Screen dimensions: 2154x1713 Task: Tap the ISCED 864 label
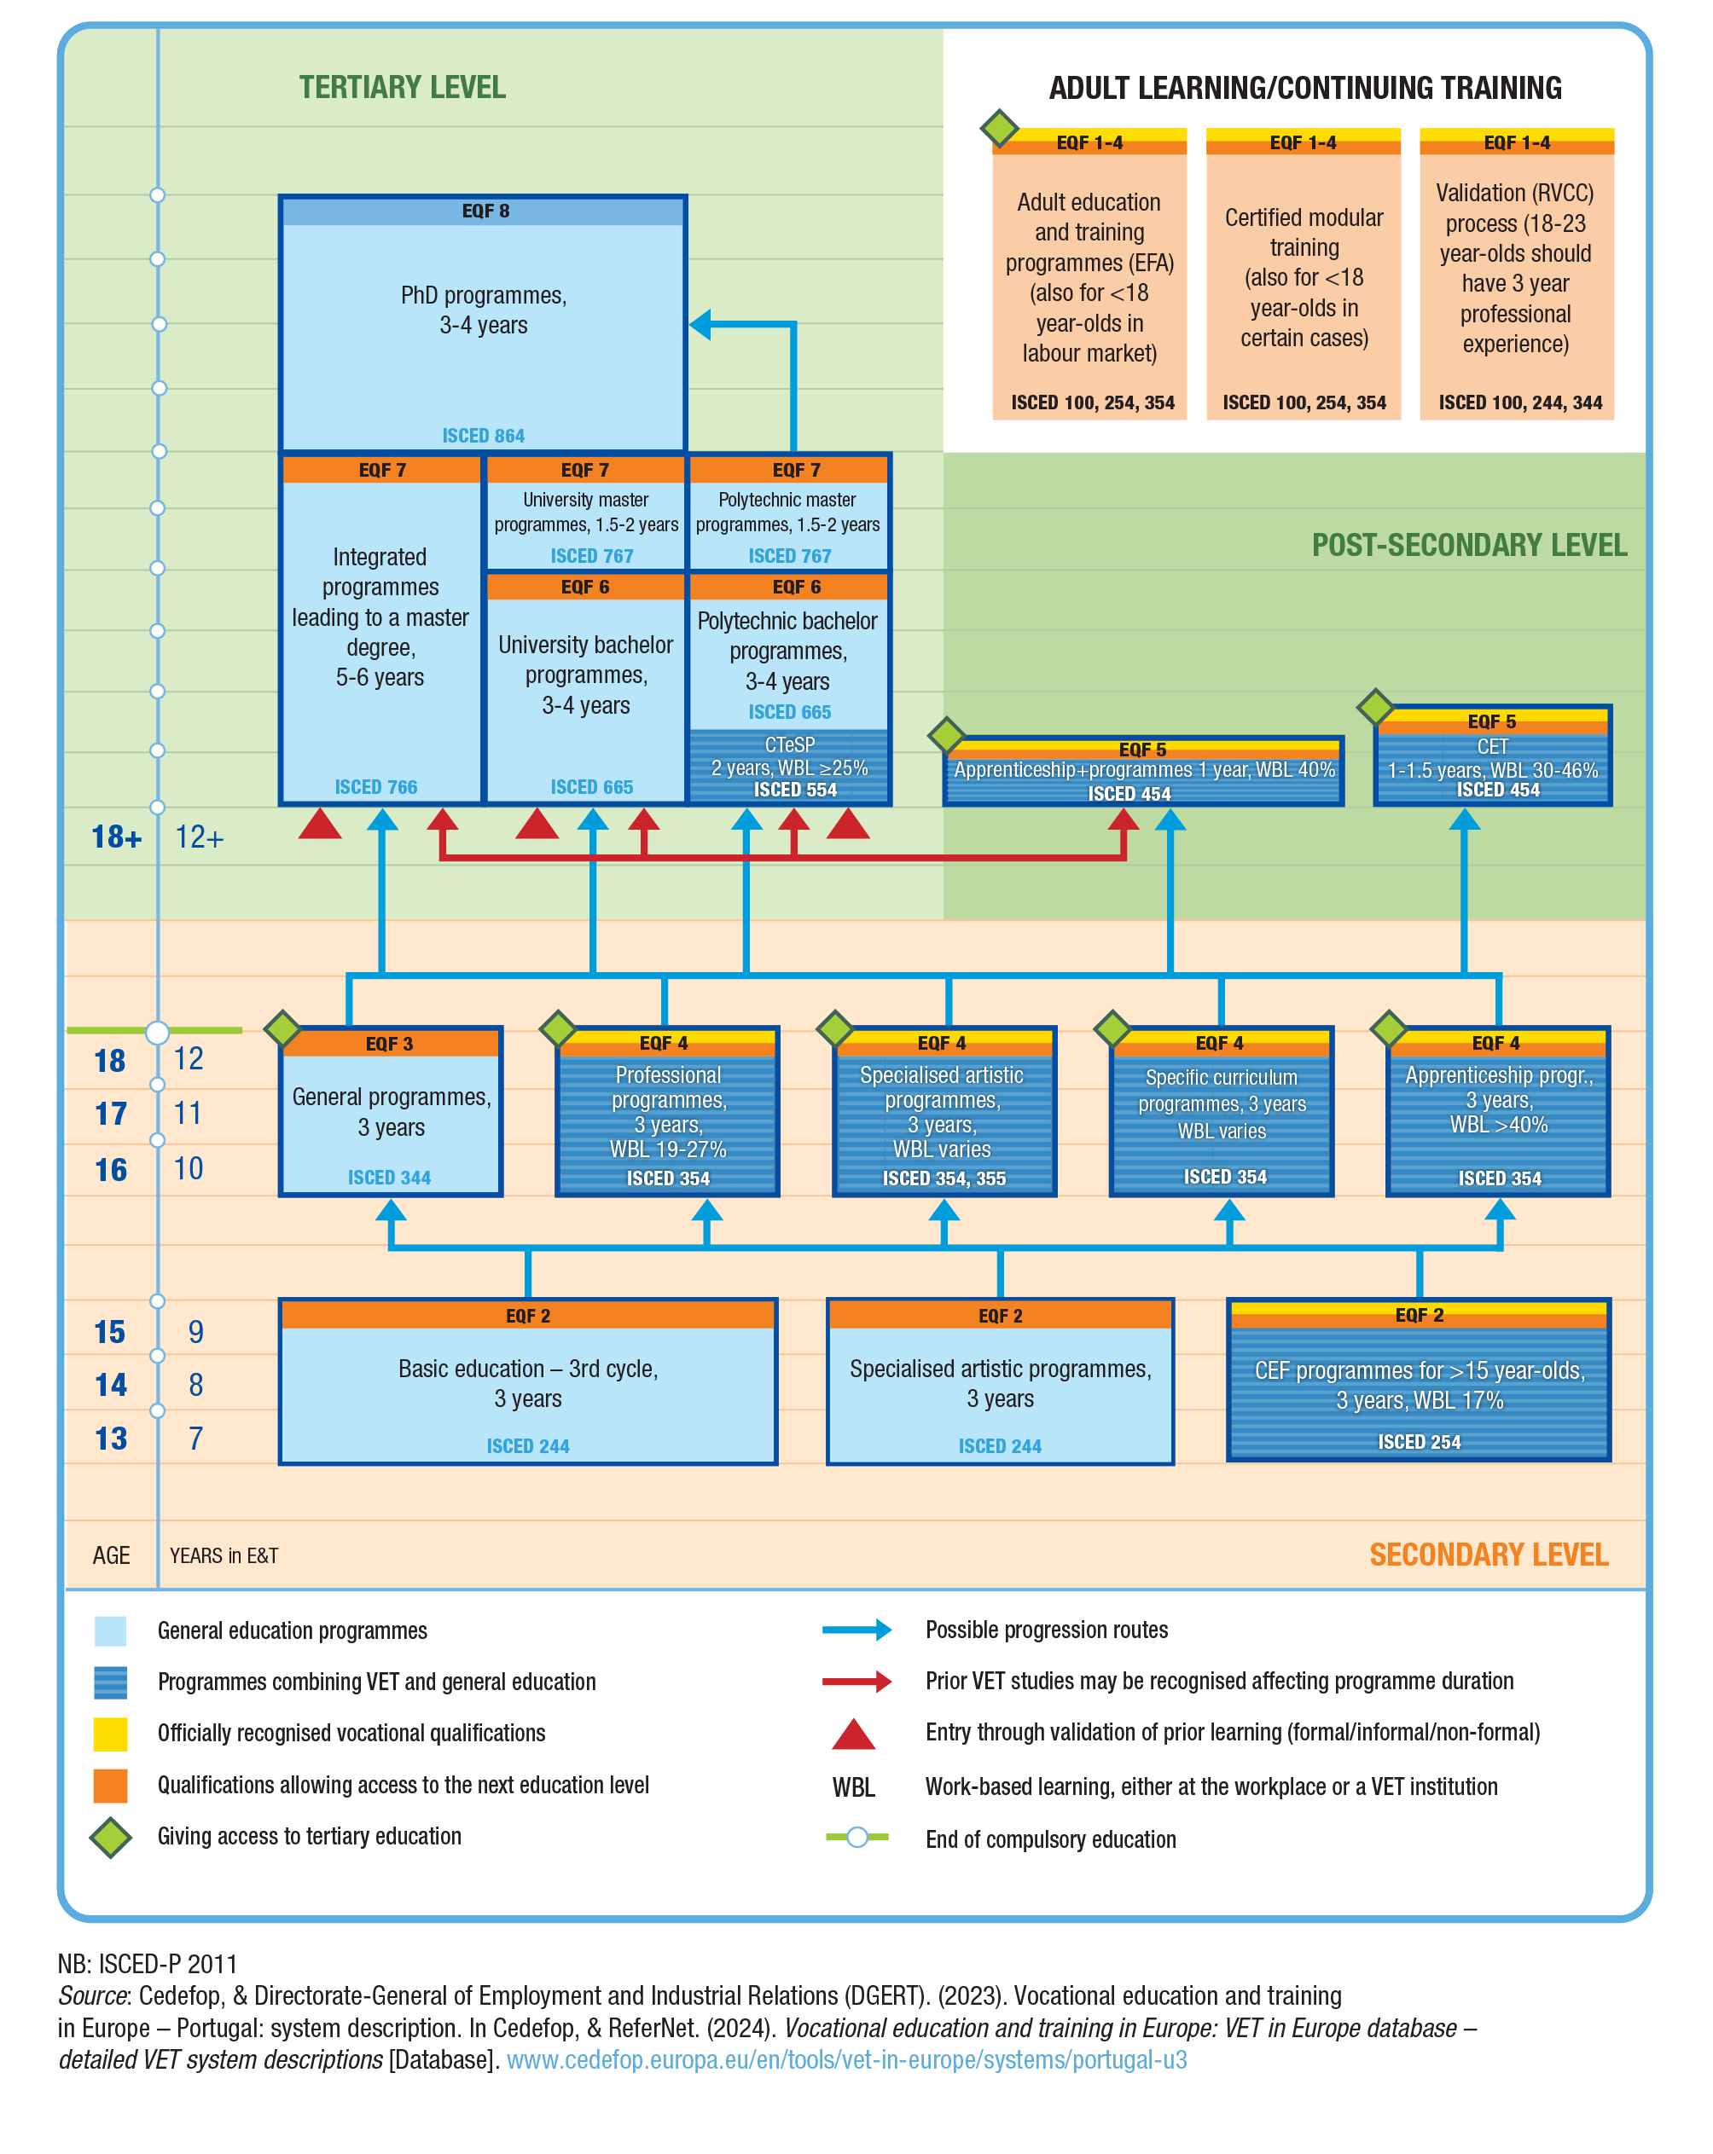tap(484, 436)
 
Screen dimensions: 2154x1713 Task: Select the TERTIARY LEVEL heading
tap(403, 88)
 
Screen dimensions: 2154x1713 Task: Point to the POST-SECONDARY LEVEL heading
tap(1468, 546)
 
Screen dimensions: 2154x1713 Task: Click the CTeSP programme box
tap(790, 767)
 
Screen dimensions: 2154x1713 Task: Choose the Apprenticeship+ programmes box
tap(1143, 773)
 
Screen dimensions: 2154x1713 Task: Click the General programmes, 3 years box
tap(391, 1113)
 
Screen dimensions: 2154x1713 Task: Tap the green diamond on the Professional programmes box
tap(558, 1028)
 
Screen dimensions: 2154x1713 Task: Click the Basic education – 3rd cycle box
tap(528, 1384)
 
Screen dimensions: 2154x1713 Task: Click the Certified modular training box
tap(1304, 275)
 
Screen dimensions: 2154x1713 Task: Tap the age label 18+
tap(116, 837)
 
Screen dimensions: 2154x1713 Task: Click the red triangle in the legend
tap(853, 1735)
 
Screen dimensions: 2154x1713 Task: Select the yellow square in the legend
tap(110, 1734)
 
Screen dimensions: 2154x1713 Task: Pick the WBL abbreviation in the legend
tap(853, 1787)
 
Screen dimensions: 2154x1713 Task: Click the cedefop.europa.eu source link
tap(846, 2060)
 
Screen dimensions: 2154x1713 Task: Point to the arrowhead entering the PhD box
tap(700, 325)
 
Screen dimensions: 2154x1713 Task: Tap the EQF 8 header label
tap(485, 211)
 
